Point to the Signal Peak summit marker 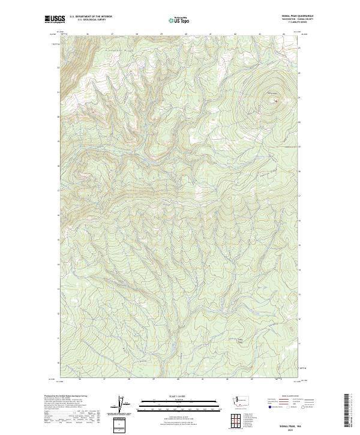click(x=275, y=100)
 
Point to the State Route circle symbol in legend click(x=304, y=406)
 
